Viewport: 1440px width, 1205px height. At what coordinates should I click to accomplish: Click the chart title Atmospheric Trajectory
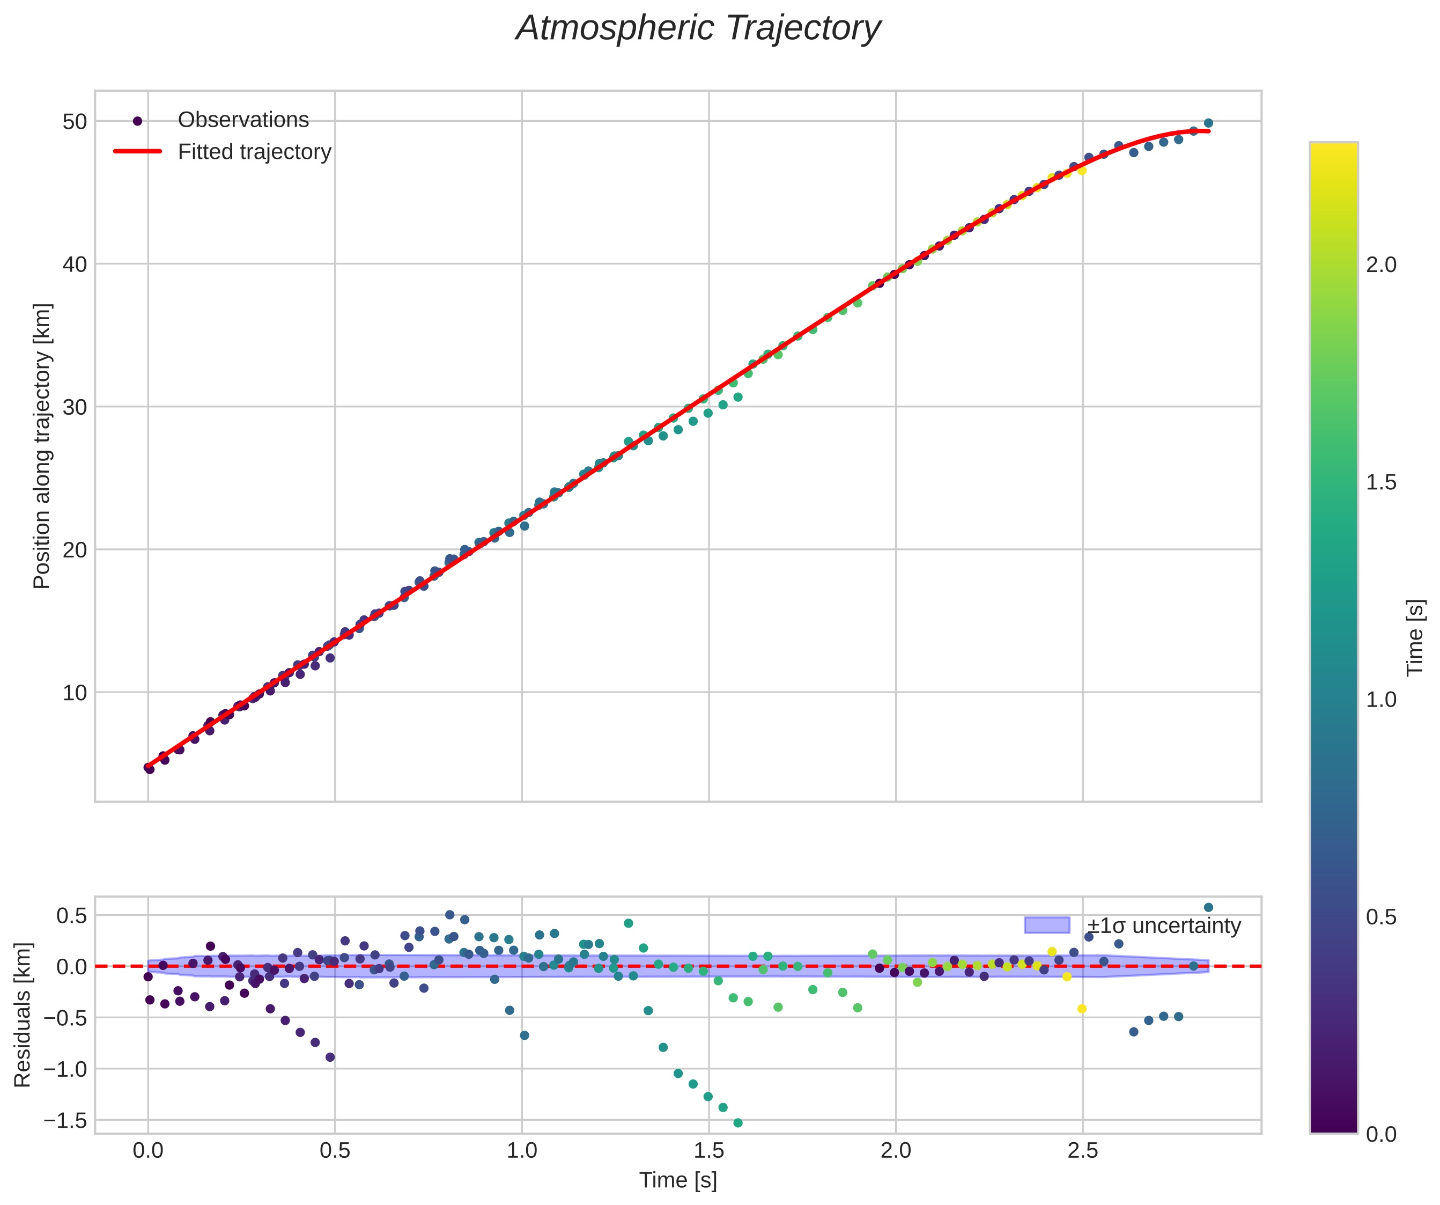[x=698, y=29]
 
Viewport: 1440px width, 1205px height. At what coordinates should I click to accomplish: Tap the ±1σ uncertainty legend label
[x=1164, y=926]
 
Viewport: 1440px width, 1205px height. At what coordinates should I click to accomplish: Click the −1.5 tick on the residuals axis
[x=65, y=1121]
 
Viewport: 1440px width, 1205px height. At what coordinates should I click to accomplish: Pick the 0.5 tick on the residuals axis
[x=71, y=916]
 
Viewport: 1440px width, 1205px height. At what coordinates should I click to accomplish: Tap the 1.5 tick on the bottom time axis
[x=708, y=1151]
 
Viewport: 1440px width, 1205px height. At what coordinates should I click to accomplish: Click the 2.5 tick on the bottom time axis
[x=1083, y=1151]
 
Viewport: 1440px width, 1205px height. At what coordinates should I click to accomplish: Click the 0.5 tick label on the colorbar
[x=1381, y=917]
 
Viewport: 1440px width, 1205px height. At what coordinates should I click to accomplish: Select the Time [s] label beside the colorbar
[x=1415, y=638]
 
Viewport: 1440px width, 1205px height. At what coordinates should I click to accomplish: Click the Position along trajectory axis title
[x=42, y=446]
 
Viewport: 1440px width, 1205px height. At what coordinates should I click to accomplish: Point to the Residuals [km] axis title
[x=23, y=1015]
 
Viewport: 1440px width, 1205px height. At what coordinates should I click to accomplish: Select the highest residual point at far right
[x=1208, y=907]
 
